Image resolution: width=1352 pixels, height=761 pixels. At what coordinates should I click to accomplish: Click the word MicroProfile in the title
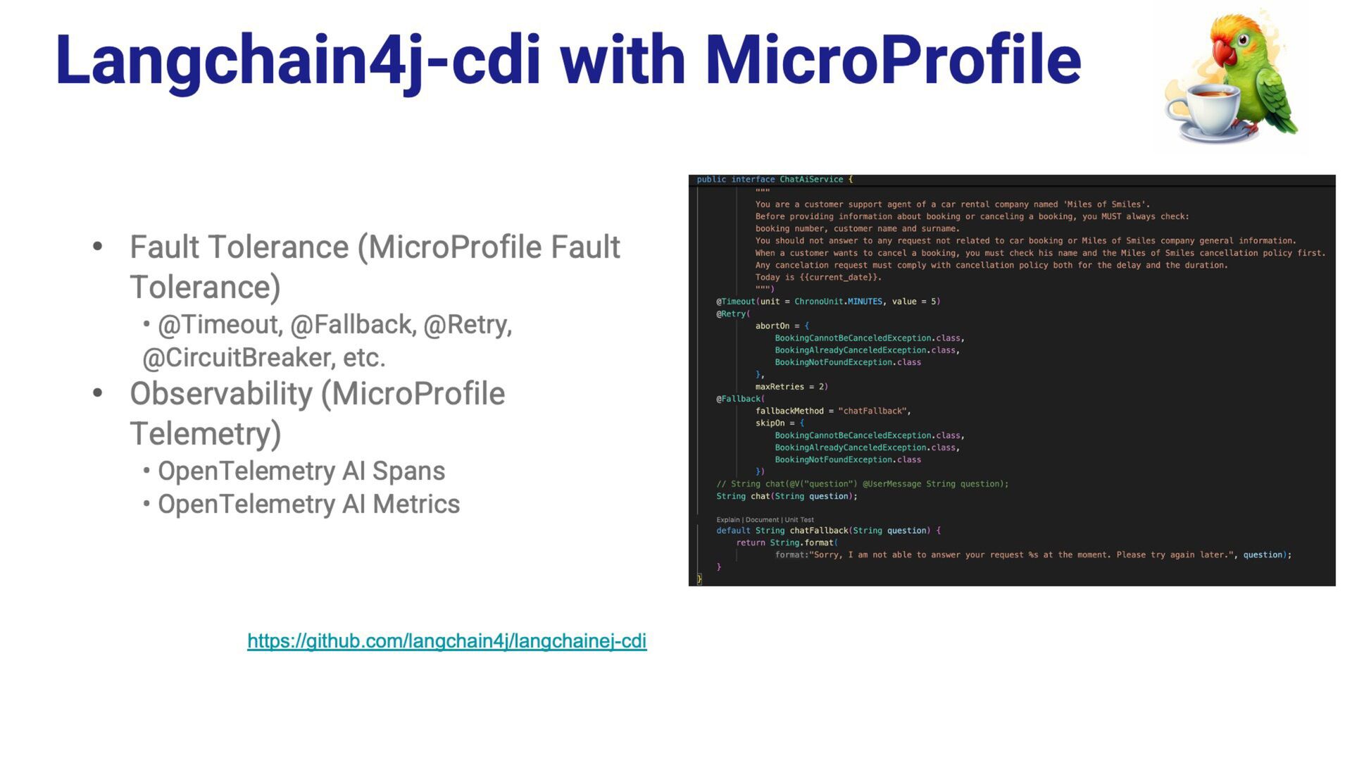tap(892, 61)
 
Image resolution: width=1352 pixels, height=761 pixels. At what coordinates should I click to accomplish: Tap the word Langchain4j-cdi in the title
tap(297, 61)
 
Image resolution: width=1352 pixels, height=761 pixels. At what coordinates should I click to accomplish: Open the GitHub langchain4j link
tap(446, 641)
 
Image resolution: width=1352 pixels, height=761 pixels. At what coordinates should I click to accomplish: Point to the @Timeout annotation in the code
tap(736, 302)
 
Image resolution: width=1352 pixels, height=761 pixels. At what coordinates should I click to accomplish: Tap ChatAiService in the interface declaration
tap(810, 180)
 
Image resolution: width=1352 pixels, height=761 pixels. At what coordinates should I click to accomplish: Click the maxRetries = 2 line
tap(790, 387)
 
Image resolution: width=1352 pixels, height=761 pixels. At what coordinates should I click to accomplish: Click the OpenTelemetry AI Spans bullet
tap(301, 471)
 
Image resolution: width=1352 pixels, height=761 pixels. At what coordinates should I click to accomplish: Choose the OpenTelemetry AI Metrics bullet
tap(308, 505)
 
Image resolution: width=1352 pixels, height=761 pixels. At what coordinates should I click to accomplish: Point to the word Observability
tap(221, 394)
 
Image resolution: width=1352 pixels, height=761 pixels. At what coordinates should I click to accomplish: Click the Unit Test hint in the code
tap(799, 520)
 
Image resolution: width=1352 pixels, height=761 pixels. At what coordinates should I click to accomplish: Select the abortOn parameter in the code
tap(772, 326)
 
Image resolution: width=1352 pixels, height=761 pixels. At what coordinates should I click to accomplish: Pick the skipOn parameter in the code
tap(770, 423)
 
